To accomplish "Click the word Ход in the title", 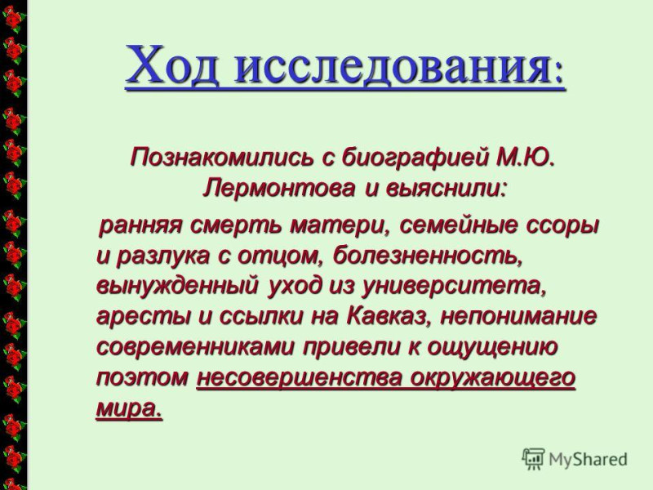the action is point(171,64).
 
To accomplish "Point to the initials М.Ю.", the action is point(526,158).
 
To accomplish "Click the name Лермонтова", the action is point(279,189).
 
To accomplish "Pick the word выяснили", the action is point(446,189).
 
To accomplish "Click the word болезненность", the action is point(427,255).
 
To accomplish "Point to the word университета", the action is point(453,287).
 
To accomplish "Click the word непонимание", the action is point(519,316).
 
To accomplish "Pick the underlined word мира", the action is point(129,408).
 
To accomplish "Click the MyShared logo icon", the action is point(534,459).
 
